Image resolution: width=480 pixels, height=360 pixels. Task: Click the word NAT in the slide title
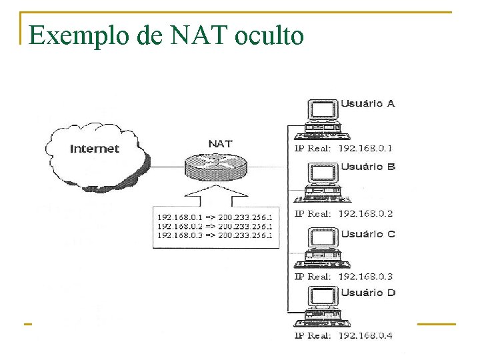[195, 35]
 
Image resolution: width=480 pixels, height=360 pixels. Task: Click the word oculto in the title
[269, 35]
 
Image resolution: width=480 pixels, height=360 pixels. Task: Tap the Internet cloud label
[95, 149]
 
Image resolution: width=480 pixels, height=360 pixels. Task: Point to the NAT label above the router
[221, 143]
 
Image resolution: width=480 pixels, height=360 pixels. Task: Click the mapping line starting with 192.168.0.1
[214, 217]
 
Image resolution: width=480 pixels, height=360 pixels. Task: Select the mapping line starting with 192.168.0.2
[214, 226]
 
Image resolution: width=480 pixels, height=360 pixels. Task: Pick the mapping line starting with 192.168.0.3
[214, 235]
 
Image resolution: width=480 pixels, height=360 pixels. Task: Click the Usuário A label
[368, 103]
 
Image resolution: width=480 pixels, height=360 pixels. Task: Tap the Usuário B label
[368, 167]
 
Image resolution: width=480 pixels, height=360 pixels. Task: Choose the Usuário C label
[368, 234]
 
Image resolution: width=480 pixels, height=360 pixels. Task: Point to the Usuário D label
[368, 293]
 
